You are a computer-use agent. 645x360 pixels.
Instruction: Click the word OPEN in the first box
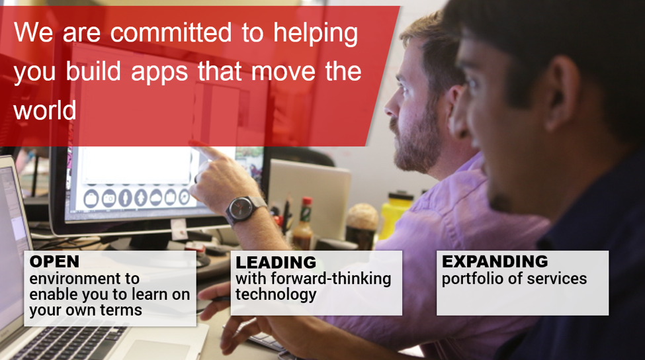[54, 261]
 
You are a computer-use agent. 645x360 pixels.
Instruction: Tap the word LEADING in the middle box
[276, 263]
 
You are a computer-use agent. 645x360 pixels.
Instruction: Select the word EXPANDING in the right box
[495, 261]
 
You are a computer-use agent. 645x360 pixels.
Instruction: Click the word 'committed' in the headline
[171, 33]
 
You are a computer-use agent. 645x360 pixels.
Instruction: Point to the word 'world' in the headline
[45, 111]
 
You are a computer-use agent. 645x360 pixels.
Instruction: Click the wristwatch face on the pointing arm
[241, 208]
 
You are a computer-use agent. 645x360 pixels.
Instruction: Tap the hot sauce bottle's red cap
[307, 202]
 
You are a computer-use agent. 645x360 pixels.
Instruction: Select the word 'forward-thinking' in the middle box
[331, 279]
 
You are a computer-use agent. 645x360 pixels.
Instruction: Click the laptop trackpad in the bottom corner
[156, 349]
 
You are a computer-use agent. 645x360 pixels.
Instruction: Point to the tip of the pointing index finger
[193, 144]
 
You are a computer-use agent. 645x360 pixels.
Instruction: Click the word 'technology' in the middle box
[276, 295]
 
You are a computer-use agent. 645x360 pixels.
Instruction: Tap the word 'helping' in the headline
[316, 34]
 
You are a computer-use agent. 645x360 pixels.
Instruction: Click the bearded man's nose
[390, 107]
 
